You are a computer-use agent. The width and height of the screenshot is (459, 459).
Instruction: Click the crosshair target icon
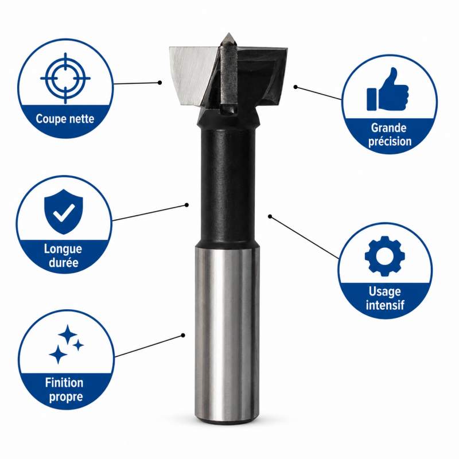pyautogui.click(x=65, y=78)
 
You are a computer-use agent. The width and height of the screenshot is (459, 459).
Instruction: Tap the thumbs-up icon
pyautogui.click(x=388, y=90)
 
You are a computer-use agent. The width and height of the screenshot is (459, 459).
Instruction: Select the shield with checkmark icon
pyautogui.click(x=64, y=211)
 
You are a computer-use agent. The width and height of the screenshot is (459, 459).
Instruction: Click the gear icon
pyautogui.click(x=385, y=256)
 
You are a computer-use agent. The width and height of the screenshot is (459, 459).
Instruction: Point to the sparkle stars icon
pyautogui.click(x=66, y=344)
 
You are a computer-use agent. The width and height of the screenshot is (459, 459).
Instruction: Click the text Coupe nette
pyautogui.click(x=65, y=119)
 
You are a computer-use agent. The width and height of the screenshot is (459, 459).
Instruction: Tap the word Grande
pyautogui.click(x=389, y=128)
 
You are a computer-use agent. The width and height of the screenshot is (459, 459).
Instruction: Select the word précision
pyautogui.click(x=390, y=141)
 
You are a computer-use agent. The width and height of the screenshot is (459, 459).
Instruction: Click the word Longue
pyautogui.click(x=63, y=250)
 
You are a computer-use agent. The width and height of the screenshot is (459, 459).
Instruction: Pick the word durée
pyautogui.click(x=64, y=262)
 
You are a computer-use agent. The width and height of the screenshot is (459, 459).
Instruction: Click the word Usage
pyautogui.click(x=384, y=291)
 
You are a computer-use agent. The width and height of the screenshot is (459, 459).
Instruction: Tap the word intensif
pyautogui.click(x=385, y=305)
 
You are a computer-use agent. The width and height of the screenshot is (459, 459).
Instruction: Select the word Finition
pyautogui.click(x=64, y=383)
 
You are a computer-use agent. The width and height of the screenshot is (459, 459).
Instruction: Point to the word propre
pyautogui.click(x=66, y=397)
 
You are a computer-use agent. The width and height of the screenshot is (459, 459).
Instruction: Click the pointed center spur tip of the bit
pyautogui.click(x=228, y=33)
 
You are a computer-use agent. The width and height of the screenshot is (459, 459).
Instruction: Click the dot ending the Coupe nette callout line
pyautogui.click(x=160, y=83)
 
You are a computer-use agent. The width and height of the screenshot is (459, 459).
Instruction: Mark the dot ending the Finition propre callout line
pyautogui.click(x=183, y=336)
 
